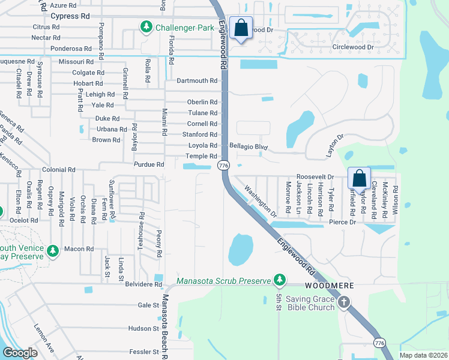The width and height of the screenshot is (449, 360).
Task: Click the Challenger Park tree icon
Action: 146,27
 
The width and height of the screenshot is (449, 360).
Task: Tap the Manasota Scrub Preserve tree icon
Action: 279,280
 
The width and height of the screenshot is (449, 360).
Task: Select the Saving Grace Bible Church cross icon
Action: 343,302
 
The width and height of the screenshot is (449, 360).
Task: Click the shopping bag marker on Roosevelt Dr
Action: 359,178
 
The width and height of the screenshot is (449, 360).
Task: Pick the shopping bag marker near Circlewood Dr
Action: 241,28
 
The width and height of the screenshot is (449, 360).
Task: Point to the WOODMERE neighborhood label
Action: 327,286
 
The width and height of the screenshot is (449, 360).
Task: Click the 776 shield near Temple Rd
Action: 224,165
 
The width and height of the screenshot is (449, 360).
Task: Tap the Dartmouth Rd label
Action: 197,81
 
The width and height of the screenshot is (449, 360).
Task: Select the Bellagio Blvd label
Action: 248,146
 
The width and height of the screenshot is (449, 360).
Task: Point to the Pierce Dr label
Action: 343,223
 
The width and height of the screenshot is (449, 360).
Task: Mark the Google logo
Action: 20,353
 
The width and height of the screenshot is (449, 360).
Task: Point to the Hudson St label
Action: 143,328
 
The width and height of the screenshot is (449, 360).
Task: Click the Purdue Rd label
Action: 148,164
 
